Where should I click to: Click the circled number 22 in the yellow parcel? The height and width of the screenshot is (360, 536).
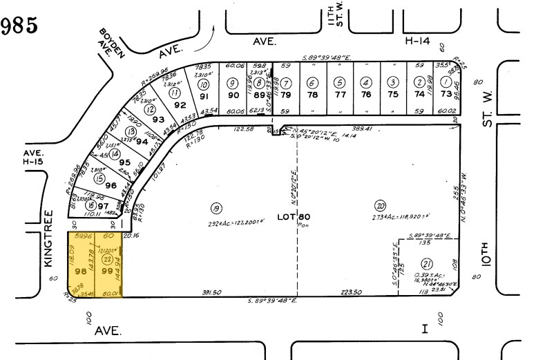107,259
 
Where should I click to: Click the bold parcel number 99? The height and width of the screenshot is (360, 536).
107,272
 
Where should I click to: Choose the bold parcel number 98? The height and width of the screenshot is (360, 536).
77,272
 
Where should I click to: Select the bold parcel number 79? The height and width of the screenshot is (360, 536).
285,95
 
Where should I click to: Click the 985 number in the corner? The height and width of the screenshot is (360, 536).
18,27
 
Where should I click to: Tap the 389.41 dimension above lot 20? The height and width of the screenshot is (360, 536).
362,129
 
